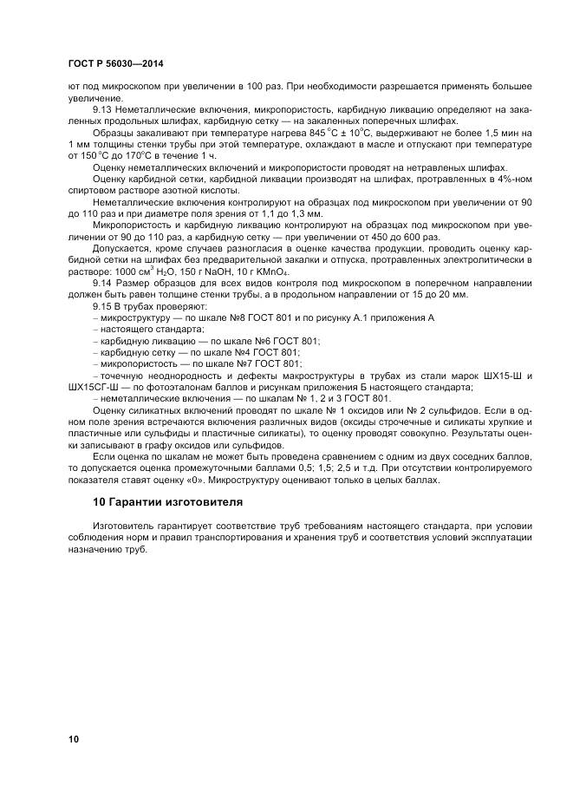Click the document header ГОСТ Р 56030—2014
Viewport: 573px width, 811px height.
[115, 65]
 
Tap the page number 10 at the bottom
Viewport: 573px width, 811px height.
[75, 739]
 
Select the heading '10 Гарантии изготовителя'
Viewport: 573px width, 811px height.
[156, 502]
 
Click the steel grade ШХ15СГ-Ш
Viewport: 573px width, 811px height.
[94, 388]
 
